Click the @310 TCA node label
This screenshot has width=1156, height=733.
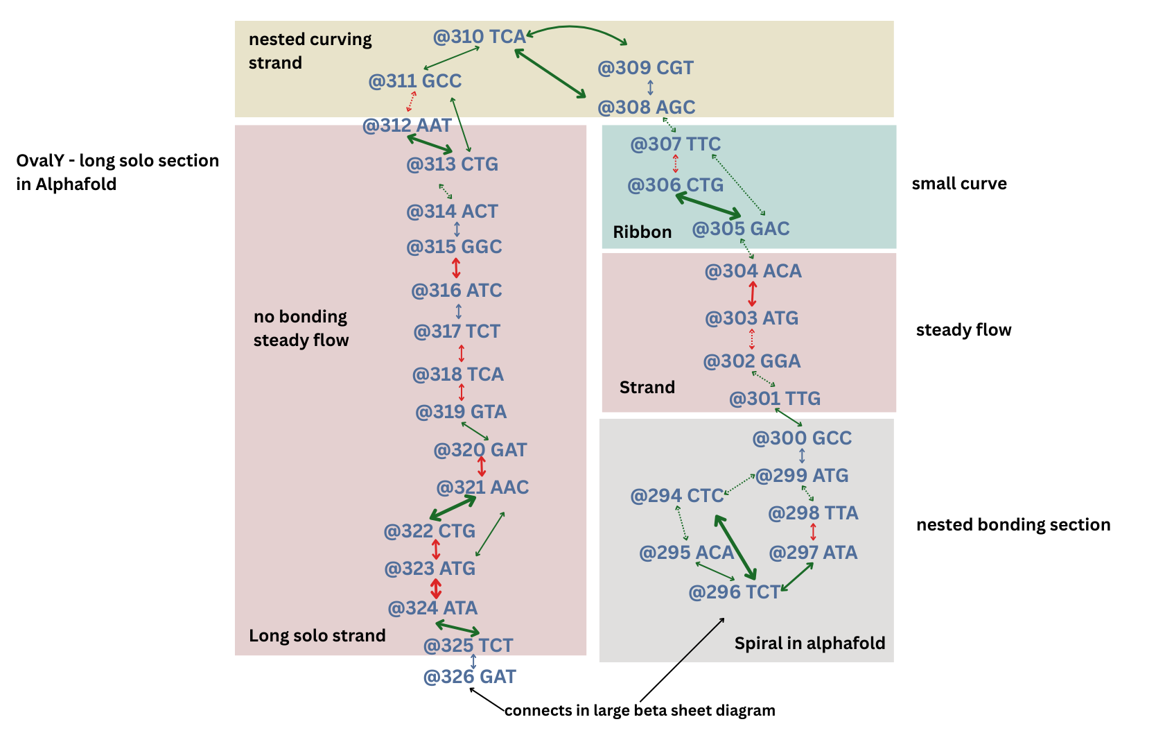[479, 37]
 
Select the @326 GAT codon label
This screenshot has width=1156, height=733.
[469, 677]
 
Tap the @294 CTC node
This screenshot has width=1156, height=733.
[676, 496]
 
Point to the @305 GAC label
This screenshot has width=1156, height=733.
[740, 229]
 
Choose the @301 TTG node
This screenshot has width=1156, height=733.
[774, 399]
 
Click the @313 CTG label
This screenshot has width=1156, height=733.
[452, 164]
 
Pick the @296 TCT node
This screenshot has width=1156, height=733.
[734, 592]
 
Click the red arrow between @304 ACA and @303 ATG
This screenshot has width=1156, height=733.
[753, 294]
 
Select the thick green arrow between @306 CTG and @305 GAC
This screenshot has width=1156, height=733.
[708, 206]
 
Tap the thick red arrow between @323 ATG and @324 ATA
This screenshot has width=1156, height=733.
[435, 589]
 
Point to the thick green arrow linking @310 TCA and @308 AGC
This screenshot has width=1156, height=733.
[551, 73]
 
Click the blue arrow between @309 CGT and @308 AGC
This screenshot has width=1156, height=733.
[650, 87]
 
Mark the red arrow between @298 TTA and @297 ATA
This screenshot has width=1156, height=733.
[813, 533]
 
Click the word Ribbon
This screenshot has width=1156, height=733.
[642, 232]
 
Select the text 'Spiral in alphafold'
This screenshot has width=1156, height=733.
[809, 644]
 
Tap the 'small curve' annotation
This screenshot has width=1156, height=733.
[958, 184]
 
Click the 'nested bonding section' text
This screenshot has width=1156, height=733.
[1013, 525]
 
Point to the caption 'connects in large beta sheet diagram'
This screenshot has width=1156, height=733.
[639, 711]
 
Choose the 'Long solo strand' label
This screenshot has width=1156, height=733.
[317, 636]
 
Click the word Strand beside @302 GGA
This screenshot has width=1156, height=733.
[647, 388]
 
